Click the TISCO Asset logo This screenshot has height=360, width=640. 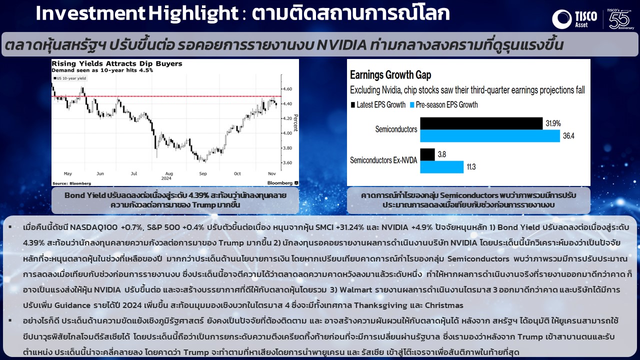tap(574, 19)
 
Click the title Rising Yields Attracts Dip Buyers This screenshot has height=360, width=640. tap(117, 63)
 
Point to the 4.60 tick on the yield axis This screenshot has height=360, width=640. tap(287, 89)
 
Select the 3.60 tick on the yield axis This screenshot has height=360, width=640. tap(287, 163)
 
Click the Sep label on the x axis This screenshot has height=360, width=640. tap(203, 173)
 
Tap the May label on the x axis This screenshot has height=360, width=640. tap(67, 173)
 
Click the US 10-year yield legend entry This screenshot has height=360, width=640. tap(69, 78)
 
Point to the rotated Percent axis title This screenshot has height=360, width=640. tap(295, 123)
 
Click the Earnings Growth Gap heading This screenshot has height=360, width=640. tap(390, 75)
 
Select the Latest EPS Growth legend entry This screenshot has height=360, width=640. tap(378, 105)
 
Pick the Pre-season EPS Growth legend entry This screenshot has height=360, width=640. tap(444, 105)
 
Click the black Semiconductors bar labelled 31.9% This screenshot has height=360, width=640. tap(481, 123)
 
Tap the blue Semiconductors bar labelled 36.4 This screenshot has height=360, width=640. tap(490, 136)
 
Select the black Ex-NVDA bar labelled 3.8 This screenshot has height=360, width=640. tap(427, 154)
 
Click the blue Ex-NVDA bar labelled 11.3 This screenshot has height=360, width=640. tap(441, 167)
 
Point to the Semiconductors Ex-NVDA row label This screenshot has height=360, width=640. tap(383, 160)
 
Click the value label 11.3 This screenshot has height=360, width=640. tap(471, 167)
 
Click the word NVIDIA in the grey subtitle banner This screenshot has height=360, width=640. tap(341, 45)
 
